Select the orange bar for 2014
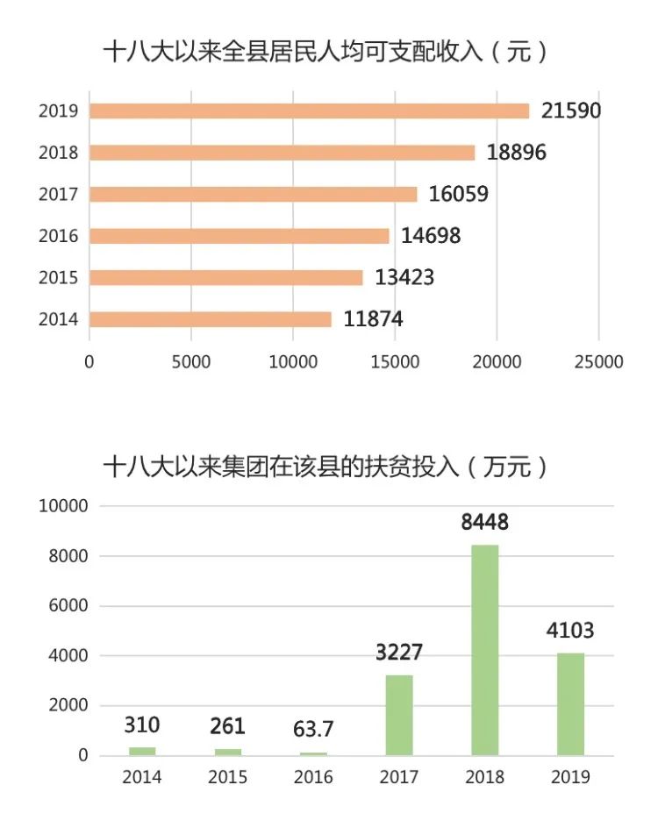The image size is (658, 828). click(x=211, y=319)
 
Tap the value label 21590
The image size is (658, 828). click(x=571, y=111)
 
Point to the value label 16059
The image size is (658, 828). click(x=458, y=194)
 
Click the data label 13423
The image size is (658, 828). click(x=404, y=278)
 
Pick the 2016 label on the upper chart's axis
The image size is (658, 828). click(x=59, y=236)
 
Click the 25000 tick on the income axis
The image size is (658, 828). click(x=598, y=361)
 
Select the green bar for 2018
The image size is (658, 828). click(x=485, y=650)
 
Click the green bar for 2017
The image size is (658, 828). click(x=399, y=715)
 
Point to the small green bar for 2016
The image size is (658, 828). click(x=313, y=753)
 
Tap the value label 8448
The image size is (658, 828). click(x=485, y=523)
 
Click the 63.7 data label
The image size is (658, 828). click(x=313, y=729)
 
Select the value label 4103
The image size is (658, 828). click(x=570, y=631)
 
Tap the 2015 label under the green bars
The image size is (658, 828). click(x=227, y=777)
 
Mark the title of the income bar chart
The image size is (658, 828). click(x=325, y=52)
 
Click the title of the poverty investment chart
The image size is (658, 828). click(x=325, y=466)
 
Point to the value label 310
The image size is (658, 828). click(x=141, y=725)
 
